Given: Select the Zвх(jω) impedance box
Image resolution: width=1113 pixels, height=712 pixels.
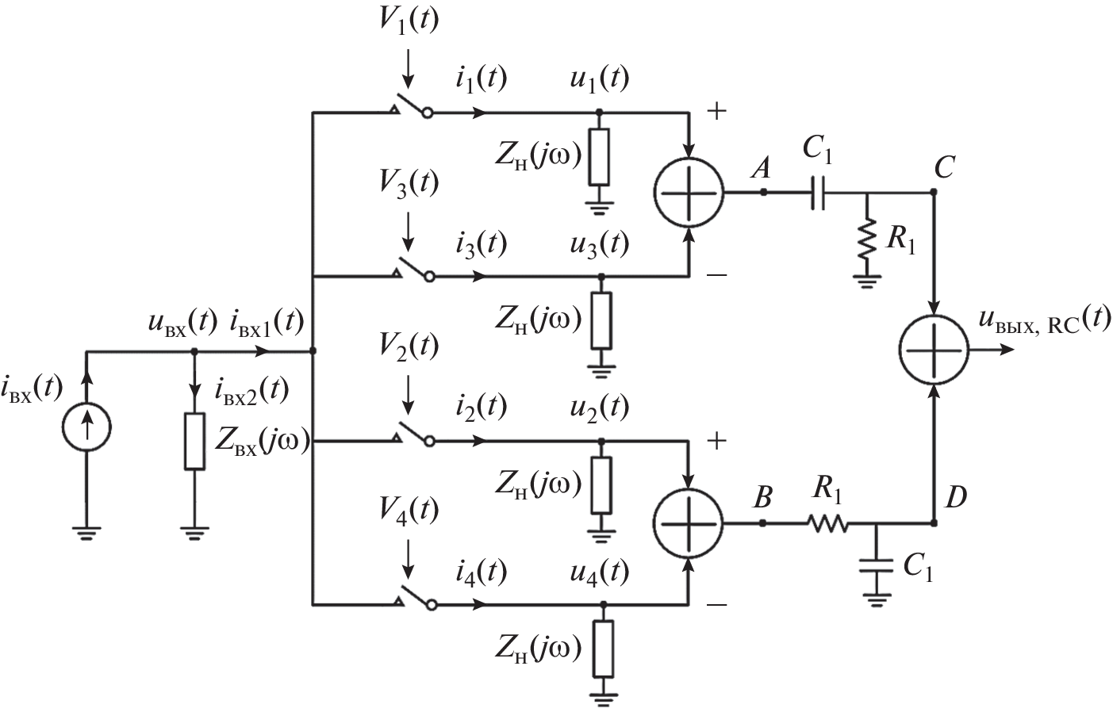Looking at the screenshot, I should (195, 441).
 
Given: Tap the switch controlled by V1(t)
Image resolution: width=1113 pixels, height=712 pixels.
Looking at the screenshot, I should (411, 109).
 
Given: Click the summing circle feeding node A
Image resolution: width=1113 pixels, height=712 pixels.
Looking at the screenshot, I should (689, 193).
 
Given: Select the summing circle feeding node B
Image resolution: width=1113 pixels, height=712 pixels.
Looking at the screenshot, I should (689, 523).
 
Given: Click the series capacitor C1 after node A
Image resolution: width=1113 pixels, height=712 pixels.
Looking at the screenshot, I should (819, 193).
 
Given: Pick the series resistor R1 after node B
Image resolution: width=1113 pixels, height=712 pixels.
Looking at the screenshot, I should (827, 523).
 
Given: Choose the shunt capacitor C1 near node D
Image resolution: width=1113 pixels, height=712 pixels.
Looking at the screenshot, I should (876, 565).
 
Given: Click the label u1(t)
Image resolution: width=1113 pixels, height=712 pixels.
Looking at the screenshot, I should (598, 78).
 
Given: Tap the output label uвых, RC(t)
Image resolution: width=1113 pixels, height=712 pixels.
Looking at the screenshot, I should (1042, 322).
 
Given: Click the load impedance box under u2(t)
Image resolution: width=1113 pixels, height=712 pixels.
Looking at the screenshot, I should (602, 484).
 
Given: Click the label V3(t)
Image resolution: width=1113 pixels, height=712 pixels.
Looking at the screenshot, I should (408, 183).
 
